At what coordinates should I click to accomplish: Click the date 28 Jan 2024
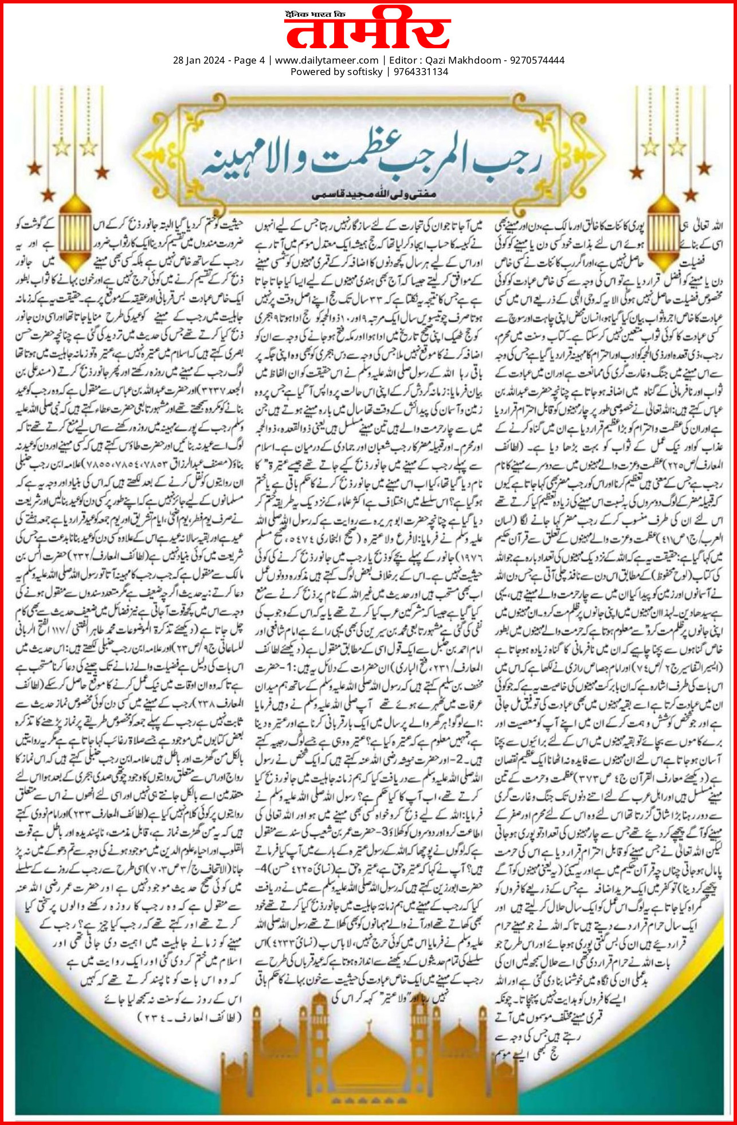tap(198, 60)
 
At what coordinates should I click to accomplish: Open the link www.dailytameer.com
tap(327, 60)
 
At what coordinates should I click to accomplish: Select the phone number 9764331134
tap(421, 72)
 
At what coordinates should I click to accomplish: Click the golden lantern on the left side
tap(75, 235)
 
